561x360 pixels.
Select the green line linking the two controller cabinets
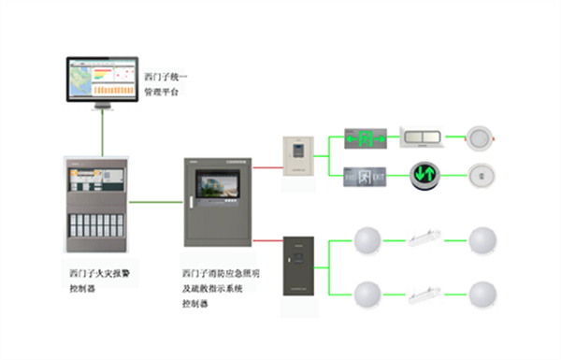pyautogui.click(x=156, y=202)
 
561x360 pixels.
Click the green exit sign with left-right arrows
pyautogui.click(x=364, y=139)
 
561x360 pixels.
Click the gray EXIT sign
pyautogui.click(x=364, y=174)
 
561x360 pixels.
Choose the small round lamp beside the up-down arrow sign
pyautogui.click(x=479, y=174)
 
